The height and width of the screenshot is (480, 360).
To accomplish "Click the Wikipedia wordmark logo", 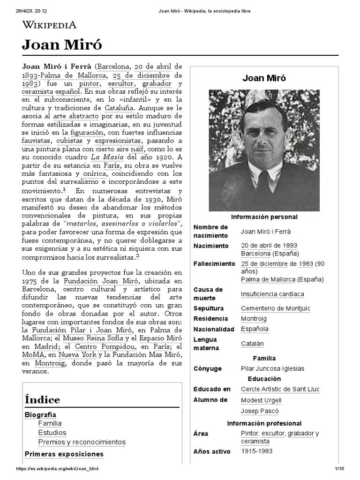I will (49, 25).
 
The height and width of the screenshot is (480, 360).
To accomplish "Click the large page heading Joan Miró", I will (61, 45).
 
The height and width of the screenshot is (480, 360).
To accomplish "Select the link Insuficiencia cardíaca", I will (272, 294).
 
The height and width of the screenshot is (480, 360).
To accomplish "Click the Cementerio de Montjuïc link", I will (275, 308).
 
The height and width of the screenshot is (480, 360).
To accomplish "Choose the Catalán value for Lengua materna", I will (252, 344).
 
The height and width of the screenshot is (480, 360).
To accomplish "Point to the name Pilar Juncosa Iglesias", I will (272, 369).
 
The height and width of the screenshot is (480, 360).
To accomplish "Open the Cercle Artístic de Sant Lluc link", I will (280, 390).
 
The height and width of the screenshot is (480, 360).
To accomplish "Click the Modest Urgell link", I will (261, 400).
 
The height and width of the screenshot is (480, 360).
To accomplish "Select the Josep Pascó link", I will (259, 411).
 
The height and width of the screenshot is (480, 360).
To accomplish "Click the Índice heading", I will (42, 399).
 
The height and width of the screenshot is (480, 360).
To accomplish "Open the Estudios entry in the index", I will (52, 433).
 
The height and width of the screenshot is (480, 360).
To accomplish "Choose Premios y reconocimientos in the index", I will (82, 442).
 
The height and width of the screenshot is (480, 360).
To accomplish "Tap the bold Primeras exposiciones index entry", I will (64, 454).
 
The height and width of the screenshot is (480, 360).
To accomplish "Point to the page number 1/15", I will (339, 469).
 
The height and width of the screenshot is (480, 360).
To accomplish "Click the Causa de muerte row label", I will (209, 294).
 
